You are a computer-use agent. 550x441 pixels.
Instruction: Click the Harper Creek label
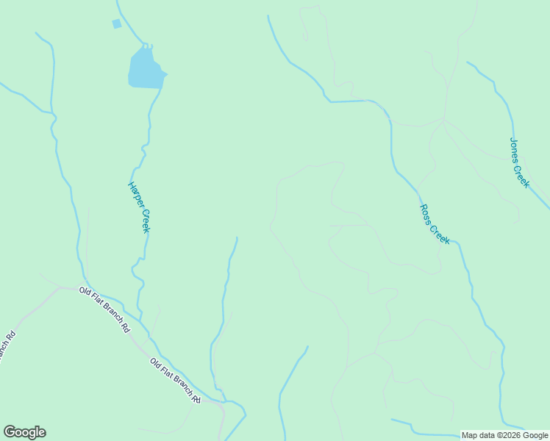point(140,207)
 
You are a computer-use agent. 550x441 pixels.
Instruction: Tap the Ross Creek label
point(434,223)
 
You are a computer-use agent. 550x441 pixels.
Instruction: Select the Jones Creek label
point(519,162)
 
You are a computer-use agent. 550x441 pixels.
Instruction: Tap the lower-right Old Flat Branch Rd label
point(175,381)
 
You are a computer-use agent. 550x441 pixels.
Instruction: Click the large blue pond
point(146,69)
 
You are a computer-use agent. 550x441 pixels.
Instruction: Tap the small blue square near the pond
point(116,24)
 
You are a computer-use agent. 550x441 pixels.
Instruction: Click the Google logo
point(24,432)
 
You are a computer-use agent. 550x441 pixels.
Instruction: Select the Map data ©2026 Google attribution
point(504,435)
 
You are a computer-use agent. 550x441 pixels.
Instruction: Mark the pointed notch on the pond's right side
point(166,73)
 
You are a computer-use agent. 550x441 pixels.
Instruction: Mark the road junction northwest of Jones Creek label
point(443,118)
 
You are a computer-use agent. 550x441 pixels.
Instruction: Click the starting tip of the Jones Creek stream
point(468,62)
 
